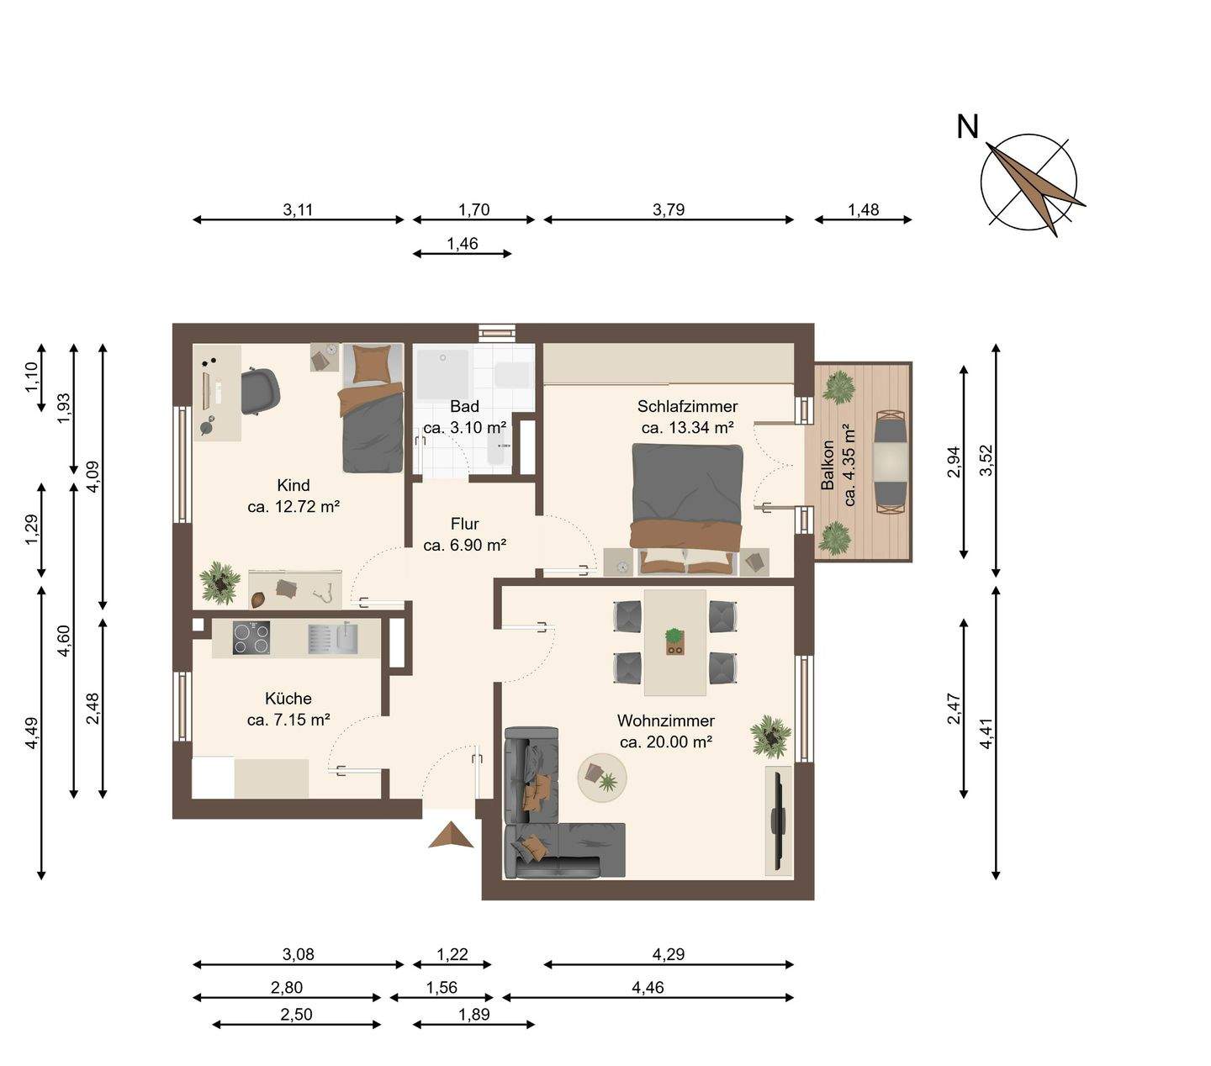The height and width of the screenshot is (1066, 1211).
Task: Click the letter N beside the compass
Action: coord(967,127)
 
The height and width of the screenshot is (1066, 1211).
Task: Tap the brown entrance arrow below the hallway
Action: coord(451,835)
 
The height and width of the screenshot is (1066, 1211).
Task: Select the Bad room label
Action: coord(464,406)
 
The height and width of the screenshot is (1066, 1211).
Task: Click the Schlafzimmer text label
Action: coord(687,406)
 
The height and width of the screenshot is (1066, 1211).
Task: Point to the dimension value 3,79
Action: coord(669,209)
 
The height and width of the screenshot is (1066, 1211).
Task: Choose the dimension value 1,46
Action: coord(462,244)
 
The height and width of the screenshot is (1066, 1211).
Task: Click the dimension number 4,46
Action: coord(648,987)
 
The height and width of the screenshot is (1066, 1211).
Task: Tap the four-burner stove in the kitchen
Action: coord(251,638)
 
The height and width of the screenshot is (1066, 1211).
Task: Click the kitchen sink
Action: coord(346,637)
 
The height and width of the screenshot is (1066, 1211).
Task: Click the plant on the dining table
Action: coord(674,640)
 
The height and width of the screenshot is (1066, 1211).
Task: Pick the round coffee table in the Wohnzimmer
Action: coord(602,778)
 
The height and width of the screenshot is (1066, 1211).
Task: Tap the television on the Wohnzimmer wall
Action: coord(776,821)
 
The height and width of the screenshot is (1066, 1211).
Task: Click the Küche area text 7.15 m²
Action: coord(302,720)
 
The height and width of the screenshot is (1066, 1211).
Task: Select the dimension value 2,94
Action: coord(954,462)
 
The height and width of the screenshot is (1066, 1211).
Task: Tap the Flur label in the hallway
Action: coord(465,524)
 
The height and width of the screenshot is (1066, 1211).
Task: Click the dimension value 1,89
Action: coord(474,1014)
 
